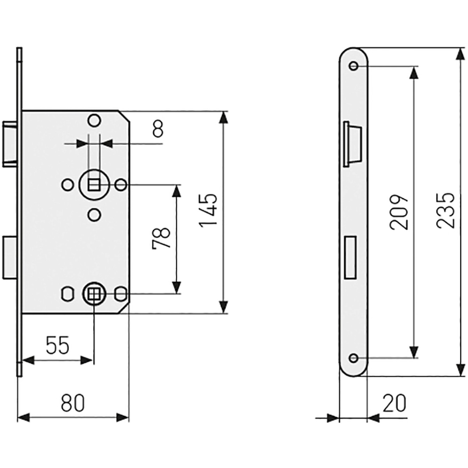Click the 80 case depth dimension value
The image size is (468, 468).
click(73, 403)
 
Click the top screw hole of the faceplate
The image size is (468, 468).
click(353, 66)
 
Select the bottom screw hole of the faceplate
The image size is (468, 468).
click(353, 358)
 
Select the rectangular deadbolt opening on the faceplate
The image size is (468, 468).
click(350, 257)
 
